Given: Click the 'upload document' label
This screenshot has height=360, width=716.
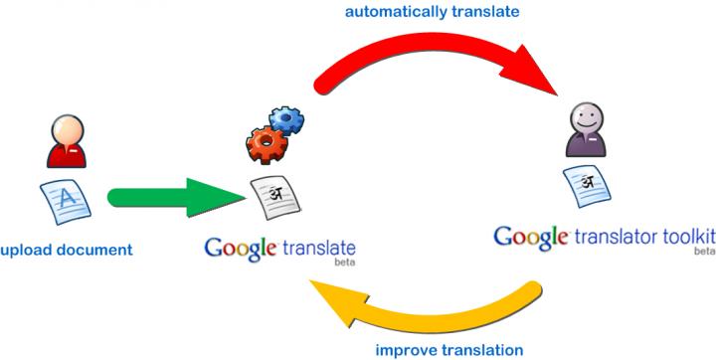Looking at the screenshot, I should click(x=66, y=249).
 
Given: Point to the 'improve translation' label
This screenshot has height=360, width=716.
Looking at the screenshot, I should click(x=449, y=349).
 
